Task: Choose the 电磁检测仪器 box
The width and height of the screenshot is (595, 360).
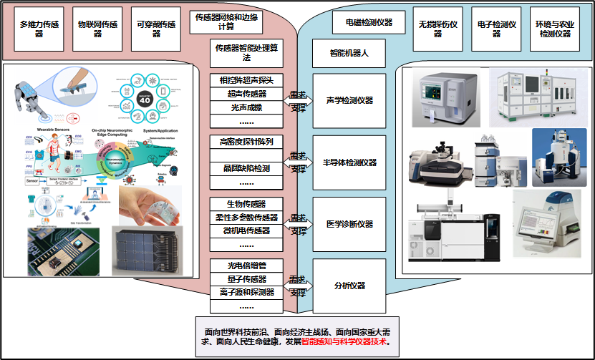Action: (363, 22)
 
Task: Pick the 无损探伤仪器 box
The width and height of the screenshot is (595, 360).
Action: (437, 29)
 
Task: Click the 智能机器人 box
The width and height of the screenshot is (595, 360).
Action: (349, 53)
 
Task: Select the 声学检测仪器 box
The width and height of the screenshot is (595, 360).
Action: (349, 101)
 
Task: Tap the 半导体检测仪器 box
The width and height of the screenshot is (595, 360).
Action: (349, 162)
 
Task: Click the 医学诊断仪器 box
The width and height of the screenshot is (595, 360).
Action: (349, 224)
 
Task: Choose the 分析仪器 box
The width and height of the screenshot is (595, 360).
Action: (349, 286)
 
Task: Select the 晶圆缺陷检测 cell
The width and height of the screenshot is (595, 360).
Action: (246, 168)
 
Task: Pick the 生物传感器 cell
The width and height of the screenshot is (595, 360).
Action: (246, 205)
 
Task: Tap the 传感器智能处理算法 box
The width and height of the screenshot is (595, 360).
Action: (246, 53)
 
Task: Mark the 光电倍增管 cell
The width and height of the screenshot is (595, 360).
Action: (246, 266)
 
